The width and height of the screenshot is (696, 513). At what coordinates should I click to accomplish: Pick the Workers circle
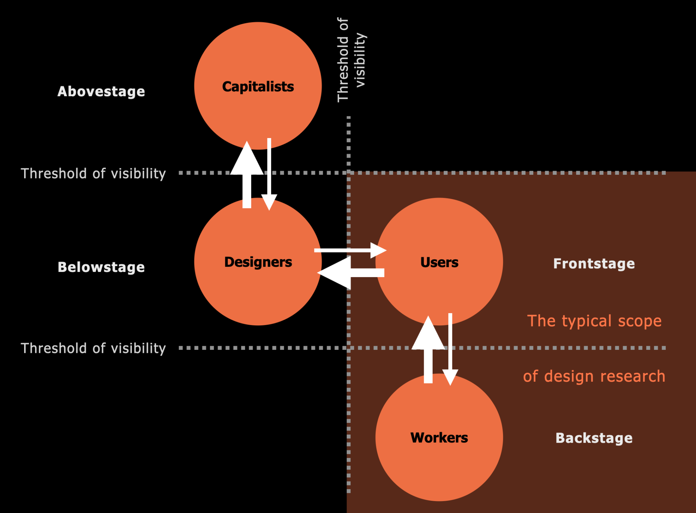(439, 469)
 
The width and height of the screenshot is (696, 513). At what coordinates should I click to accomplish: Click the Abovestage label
(101, 91)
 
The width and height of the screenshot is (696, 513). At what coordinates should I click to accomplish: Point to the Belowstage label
(101, 267)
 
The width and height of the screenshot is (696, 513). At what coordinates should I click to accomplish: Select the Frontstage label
(594, 263)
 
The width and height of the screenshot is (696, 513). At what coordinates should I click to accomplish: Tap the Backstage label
(594, 438)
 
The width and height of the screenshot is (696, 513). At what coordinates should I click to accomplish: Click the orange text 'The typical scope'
(594, 321)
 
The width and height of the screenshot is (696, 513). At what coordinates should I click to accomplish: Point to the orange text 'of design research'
(594, 376)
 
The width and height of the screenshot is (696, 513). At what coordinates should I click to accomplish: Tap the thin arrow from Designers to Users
(350, 251)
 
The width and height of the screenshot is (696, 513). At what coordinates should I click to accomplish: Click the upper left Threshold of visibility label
(93, 173)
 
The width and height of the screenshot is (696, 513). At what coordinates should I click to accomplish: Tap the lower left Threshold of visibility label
(93, 348)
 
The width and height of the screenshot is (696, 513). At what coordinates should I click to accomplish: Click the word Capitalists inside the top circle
(258, 86)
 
